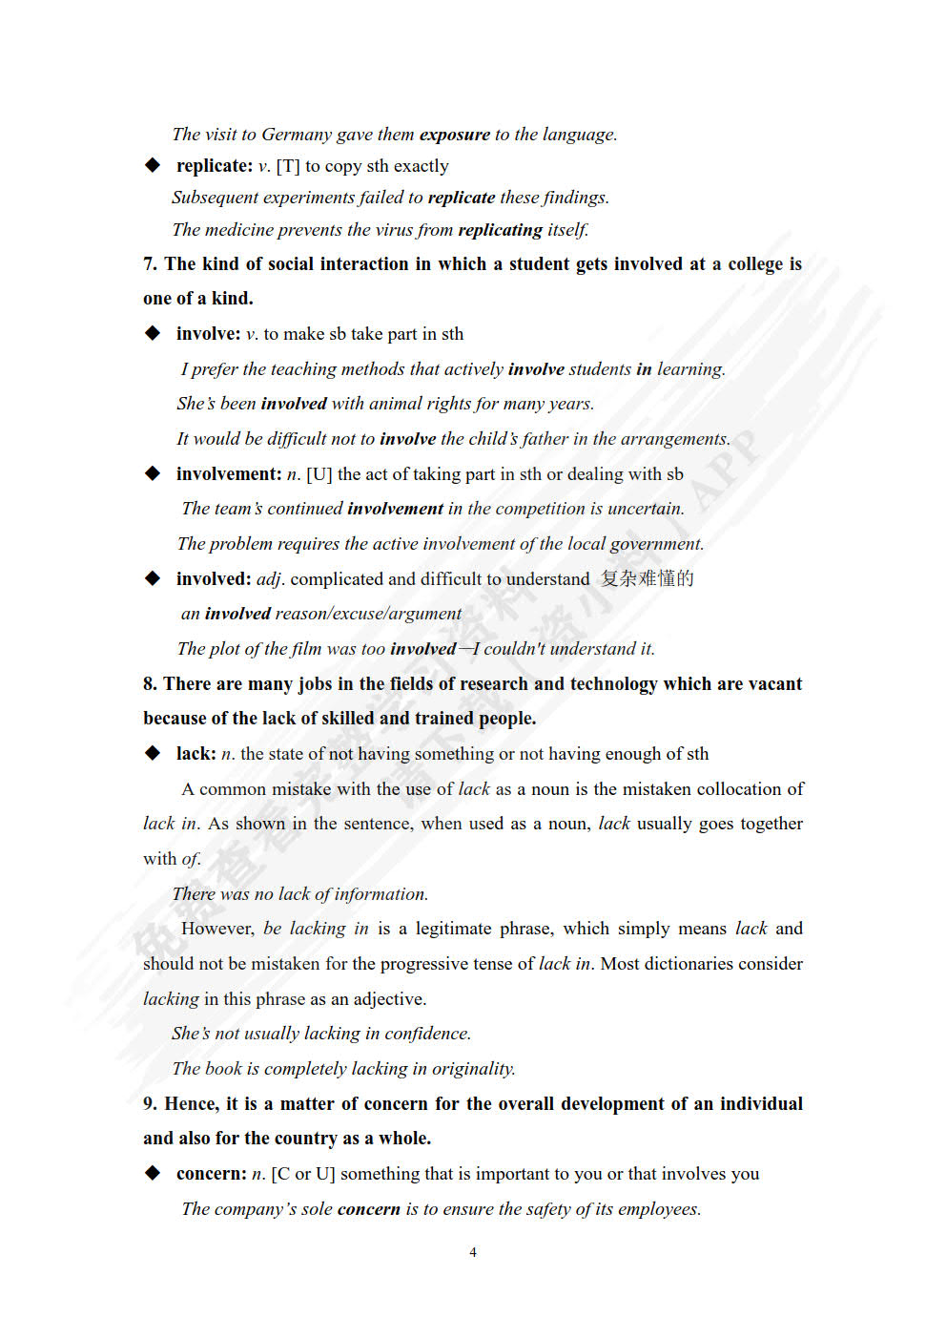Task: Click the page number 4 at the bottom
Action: pos(473,1252)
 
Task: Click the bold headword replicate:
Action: pos(215,166)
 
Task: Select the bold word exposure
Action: pos(455,135)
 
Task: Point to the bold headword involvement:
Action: pos(229,474)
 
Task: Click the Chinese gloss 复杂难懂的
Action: pos(648,578)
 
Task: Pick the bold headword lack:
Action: pos(195,754)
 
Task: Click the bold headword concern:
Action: pos(211,1174)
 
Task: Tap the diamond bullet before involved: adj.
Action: pos(153,578)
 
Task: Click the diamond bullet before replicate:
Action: pos(153,166)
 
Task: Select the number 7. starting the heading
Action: pos(150,264)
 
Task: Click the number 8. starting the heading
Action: pos(150,684)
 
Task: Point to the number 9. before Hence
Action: pos(150,1104)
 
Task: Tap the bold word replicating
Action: pos(501,230)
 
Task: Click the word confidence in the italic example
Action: pos(427,1034)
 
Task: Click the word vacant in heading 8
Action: pos(773,684)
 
